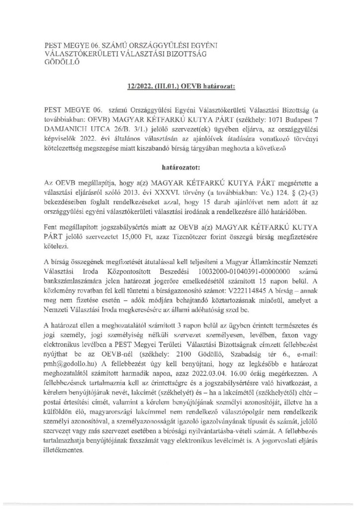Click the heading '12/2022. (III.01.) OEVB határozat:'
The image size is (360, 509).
coord(180,86)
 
